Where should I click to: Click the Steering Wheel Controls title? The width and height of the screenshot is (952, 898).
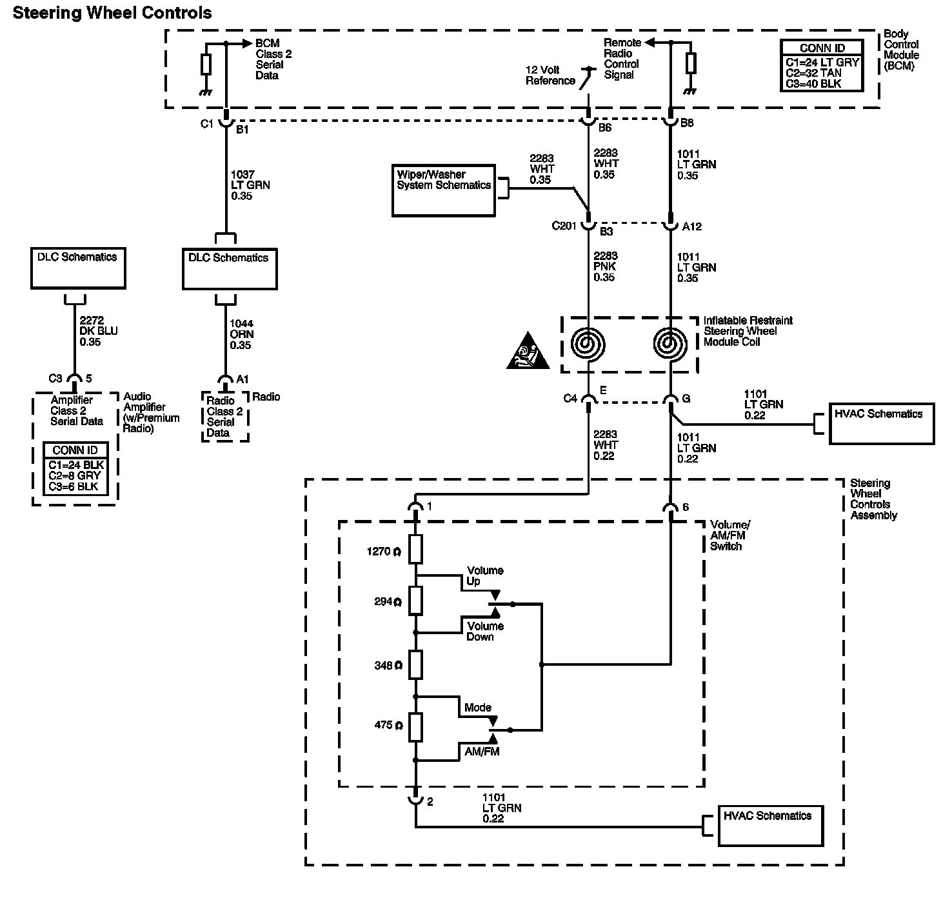pos(112,13)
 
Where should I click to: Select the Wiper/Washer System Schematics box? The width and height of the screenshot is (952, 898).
pos(444,190)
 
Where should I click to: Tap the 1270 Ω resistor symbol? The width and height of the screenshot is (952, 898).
pos(416,550)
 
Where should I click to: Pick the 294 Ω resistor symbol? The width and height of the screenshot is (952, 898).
pos(416,601)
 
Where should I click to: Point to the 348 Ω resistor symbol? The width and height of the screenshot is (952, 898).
pos(416,664)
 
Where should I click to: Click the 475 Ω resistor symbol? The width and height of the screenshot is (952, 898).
pos(416,726)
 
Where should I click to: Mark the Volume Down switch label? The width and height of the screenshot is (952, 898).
pos(485,632)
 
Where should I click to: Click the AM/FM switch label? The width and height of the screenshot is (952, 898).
pos(482,752)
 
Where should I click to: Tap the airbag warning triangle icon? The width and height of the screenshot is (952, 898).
pos(528,354)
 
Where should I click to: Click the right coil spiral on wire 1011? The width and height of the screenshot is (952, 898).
pos(671,344)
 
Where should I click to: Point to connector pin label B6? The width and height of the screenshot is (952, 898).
pos(604,128)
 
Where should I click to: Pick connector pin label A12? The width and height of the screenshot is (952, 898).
pos(692,226)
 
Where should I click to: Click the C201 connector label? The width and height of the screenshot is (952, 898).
pos(565,226)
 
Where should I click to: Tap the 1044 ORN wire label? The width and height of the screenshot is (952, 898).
pos(241,334)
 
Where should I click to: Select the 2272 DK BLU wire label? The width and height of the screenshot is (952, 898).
pos(98,331)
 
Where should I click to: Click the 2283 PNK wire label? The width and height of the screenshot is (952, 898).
pos(604,266)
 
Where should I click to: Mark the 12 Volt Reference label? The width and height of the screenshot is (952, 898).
pos(550,75)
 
